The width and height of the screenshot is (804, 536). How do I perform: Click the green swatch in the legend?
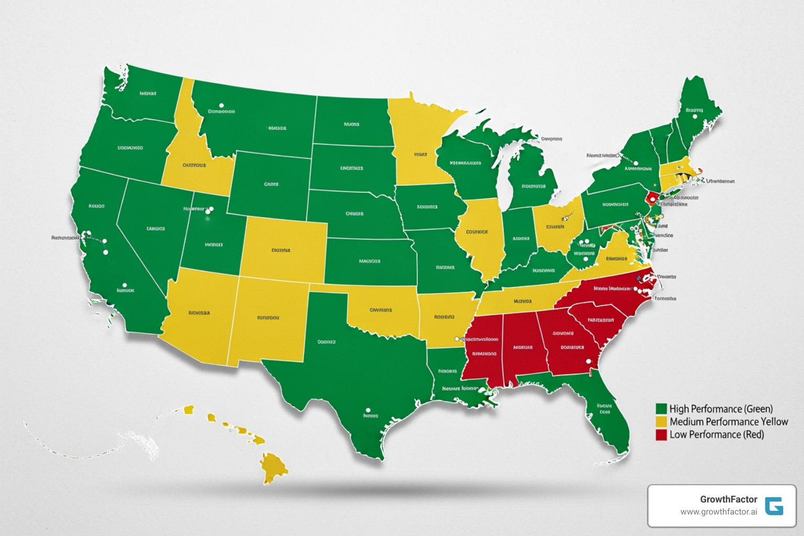(661, 409)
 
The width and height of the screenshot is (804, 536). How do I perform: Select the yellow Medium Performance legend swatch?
(661, 422)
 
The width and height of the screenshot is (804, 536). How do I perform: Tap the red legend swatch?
(661, 435)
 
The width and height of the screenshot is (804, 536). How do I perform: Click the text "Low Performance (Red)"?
(717, 434)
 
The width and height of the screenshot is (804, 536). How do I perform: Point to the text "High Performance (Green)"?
(721, 409)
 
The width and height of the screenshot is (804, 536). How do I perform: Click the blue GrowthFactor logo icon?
(774, 506)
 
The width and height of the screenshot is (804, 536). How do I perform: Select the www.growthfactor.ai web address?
(718, 512)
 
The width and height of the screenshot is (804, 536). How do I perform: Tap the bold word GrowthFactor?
(728, 499)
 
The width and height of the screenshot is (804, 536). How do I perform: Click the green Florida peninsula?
(607, 414)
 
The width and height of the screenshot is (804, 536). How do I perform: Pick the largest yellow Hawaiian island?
(273, 466)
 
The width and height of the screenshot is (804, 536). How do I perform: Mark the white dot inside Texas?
(368, 410)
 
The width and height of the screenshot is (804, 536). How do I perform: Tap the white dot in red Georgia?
(588, 361)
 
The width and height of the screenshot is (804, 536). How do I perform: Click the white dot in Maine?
(695, 117)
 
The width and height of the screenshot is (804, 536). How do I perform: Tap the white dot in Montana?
(221, 106)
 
